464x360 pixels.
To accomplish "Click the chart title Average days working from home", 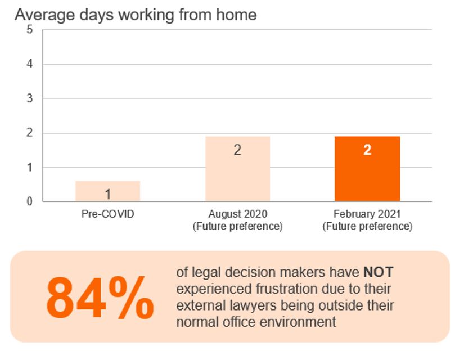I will (x=136, y=14).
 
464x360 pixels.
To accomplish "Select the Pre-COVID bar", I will (x=107, y=191).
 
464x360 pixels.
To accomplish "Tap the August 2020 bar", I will (x=237, y=169).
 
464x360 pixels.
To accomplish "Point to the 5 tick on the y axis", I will (x=30, y=30).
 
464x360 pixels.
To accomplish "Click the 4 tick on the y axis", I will (x=30, y=64).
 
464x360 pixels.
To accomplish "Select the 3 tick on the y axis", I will (x=30, y=98).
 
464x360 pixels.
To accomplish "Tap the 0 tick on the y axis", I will (x=30, y=201).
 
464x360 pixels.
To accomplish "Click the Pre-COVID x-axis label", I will (x=107, y=214).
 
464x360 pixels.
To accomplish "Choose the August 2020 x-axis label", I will (x=237, y=214).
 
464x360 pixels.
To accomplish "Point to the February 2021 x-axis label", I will (x=367, y=214).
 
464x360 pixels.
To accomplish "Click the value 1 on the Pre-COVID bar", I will (x=107, y=195).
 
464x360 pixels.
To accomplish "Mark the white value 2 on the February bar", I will (x=367, y=150).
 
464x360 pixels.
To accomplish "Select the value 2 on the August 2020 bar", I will (x=237, y=150).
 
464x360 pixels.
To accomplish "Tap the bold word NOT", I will (x=379, y=273).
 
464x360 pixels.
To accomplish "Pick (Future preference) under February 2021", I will (x=367, y=227).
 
